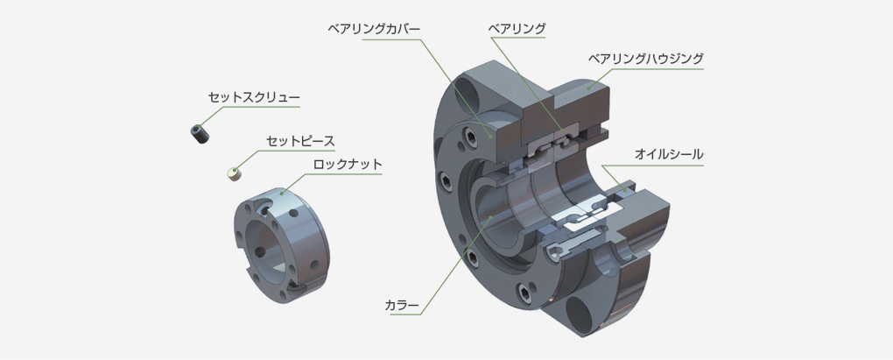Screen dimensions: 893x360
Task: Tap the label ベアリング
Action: (517, 28)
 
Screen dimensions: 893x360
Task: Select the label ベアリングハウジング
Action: (646, 58)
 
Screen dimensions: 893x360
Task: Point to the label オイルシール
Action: (669, 154)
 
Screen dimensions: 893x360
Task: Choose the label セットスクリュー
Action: (253, 97)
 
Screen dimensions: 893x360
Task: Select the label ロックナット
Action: (348, 165)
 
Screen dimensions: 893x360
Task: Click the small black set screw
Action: (200, 134)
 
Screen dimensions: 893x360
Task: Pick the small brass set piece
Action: (234, 173)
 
